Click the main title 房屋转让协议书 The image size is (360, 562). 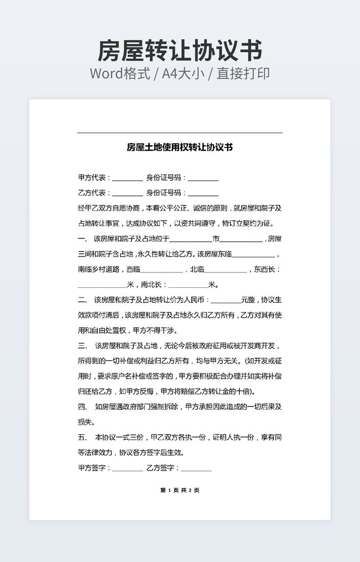click(x=179, y=51)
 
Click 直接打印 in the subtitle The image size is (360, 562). click(x=243, y=73)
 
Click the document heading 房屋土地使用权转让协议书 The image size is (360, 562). click(x=179, y=147)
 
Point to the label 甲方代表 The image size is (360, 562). click(x=94, y=178)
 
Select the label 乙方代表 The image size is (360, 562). click(x=94, y=193)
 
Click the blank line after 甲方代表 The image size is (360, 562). click(x=128, y=179)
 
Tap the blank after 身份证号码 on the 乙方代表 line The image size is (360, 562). click(x=203, y=194)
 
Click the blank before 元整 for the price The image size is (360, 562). click(x=226, y=301)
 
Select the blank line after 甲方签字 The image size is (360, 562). click(x=128, y=469)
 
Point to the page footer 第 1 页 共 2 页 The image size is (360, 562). click(x=179, y=490)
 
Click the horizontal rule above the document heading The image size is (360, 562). click(x=179, y=133)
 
